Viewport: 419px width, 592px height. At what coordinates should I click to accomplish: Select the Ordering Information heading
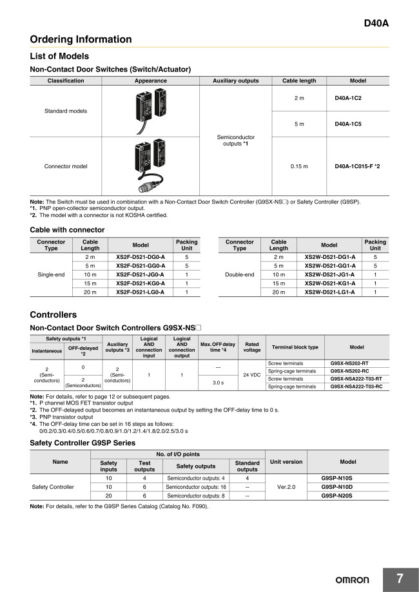pos(81,39)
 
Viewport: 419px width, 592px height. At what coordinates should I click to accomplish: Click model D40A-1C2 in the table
pos(349,98)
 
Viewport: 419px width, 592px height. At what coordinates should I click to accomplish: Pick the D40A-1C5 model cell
pos(349,124)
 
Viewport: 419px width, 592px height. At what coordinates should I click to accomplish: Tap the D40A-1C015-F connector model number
pos(357,166)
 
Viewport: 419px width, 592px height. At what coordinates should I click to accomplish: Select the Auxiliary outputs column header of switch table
pos(235,81)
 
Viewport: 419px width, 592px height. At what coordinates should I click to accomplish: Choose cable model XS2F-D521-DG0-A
pos(140,257)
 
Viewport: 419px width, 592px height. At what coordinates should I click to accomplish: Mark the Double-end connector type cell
pos(239,274)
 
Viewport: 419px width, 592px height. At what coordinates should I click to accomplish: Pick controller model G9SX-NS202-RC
pos(351,371)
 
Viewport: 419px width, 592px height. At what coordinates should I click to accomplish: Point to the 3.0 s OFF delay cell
pos(218,383)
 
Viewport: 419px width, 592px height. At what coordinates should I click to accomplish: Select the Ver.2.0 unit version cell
pos(286,487)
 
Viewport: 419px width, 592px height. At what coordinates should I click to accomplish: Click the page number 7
pos(400,579)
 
